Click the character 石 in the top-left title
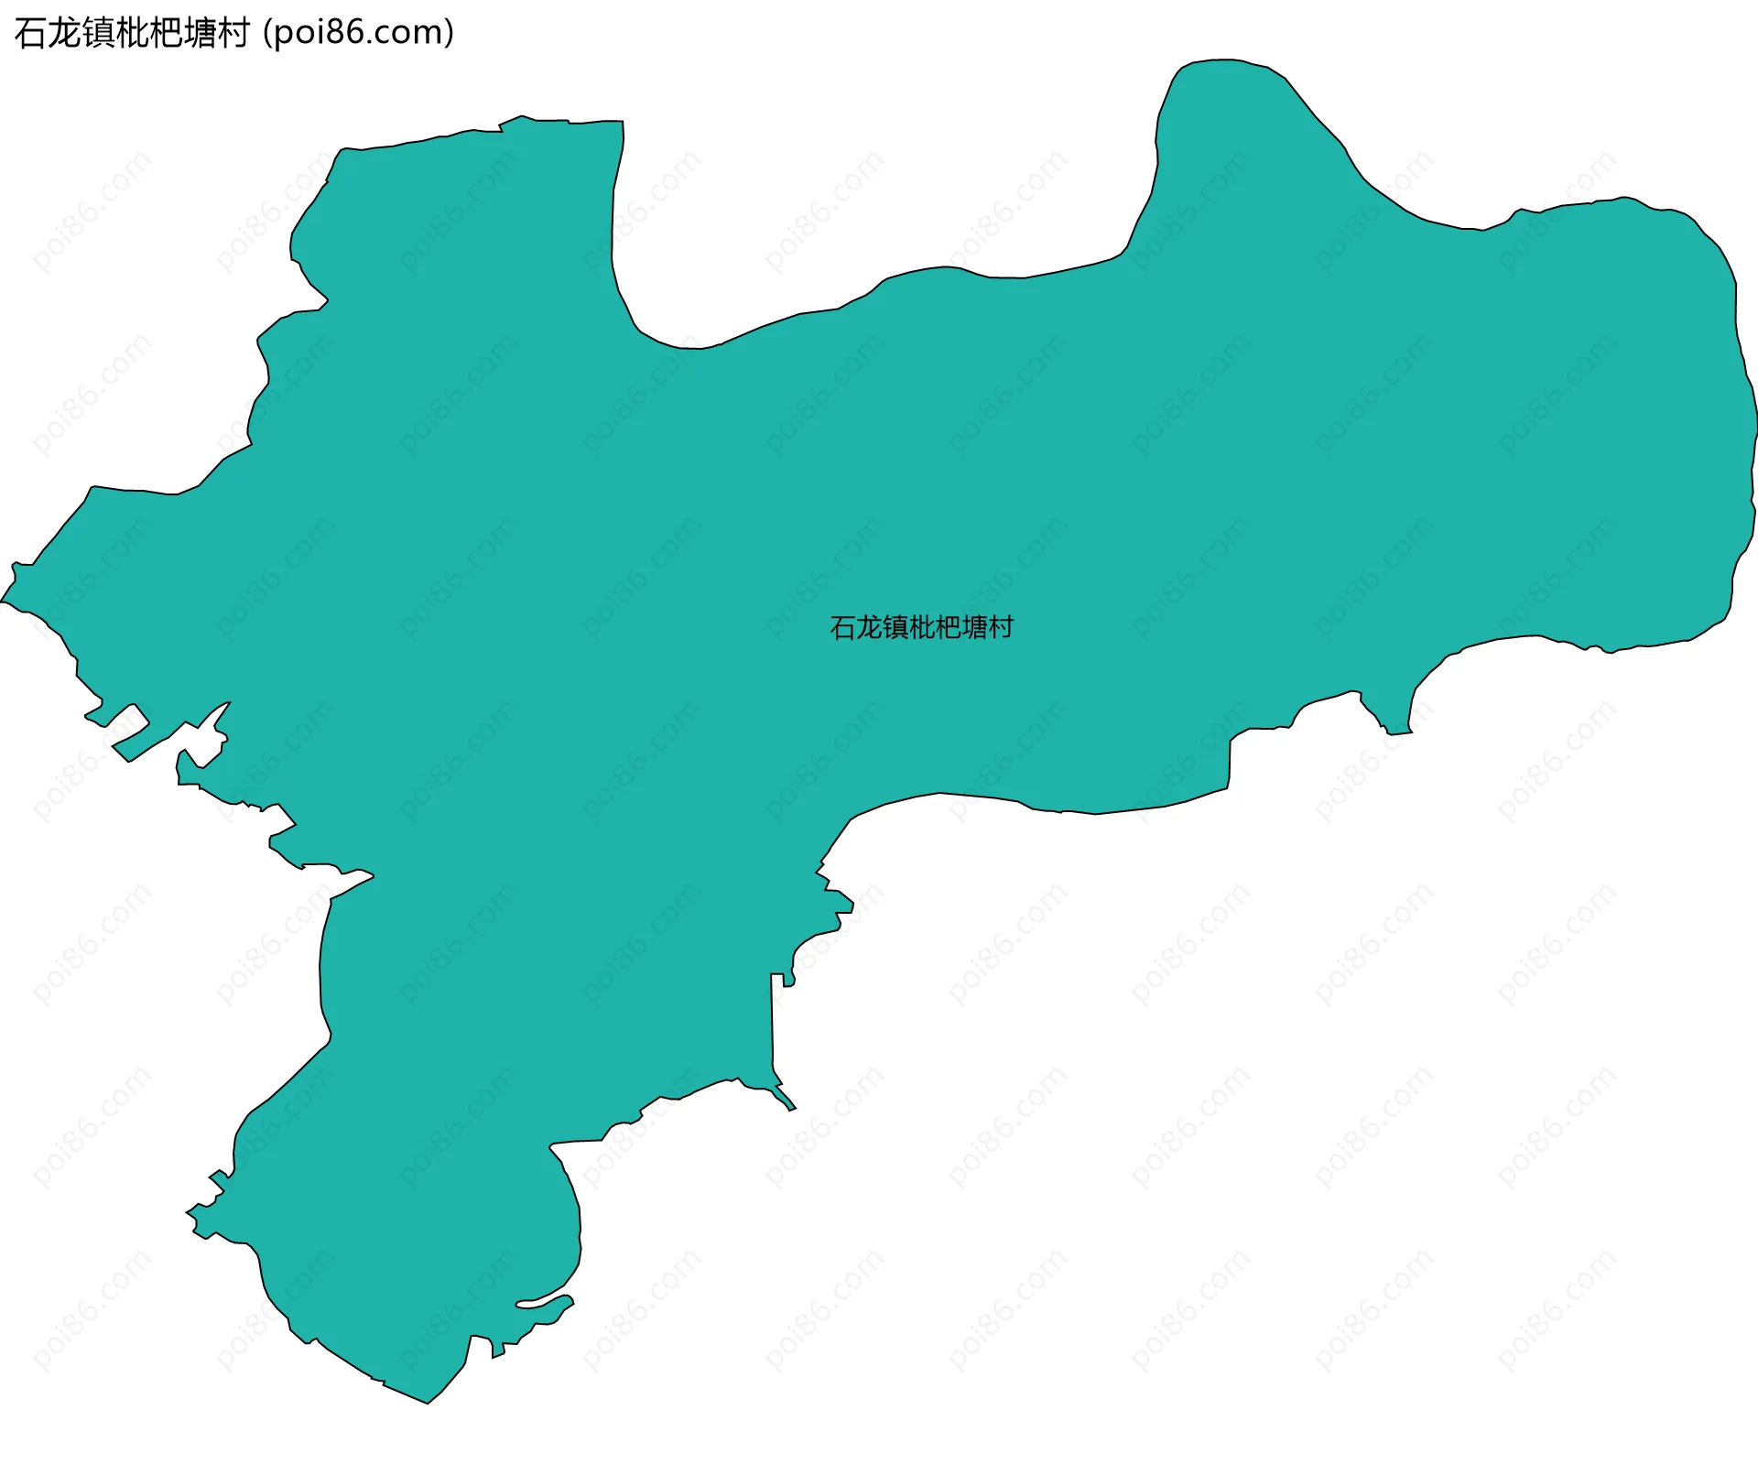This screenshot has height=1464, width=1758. coord(30,33)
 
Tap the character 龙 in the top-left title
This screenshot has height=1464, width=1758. coord(63,33)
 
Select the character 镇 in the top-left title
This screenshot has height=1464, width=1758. coord(97,33)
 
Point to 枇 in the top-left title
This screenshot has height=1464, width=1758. coord(131,33)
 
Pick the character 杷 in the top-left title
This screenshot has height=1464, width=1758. coord(165,33)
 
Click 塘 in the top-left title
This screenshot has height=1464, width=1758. coord(199,33)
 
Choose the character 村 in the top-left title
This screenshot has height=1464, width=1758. coord(233,33)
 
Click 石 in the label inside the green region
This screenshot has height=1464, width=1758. coord(843,627)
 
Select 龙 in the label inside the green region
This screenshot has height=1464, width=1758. coord(869,627)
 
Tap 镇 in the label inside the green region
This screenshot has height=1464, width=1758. coord(895,627)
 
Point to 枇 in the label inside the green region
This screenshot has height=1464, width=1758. coord(922,627)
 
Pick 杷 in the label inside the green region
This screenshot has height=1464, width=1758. coord(949,627)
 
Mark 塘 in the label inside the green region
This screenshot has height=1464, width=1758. coord(974,627)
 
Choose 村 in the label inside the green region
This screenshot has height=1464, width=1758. coord(1001,627)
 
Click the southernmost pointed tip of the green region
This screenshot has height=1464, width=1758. coord(428,1402)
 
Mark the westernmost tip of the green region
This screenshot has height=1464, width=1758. coord(3,602)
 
